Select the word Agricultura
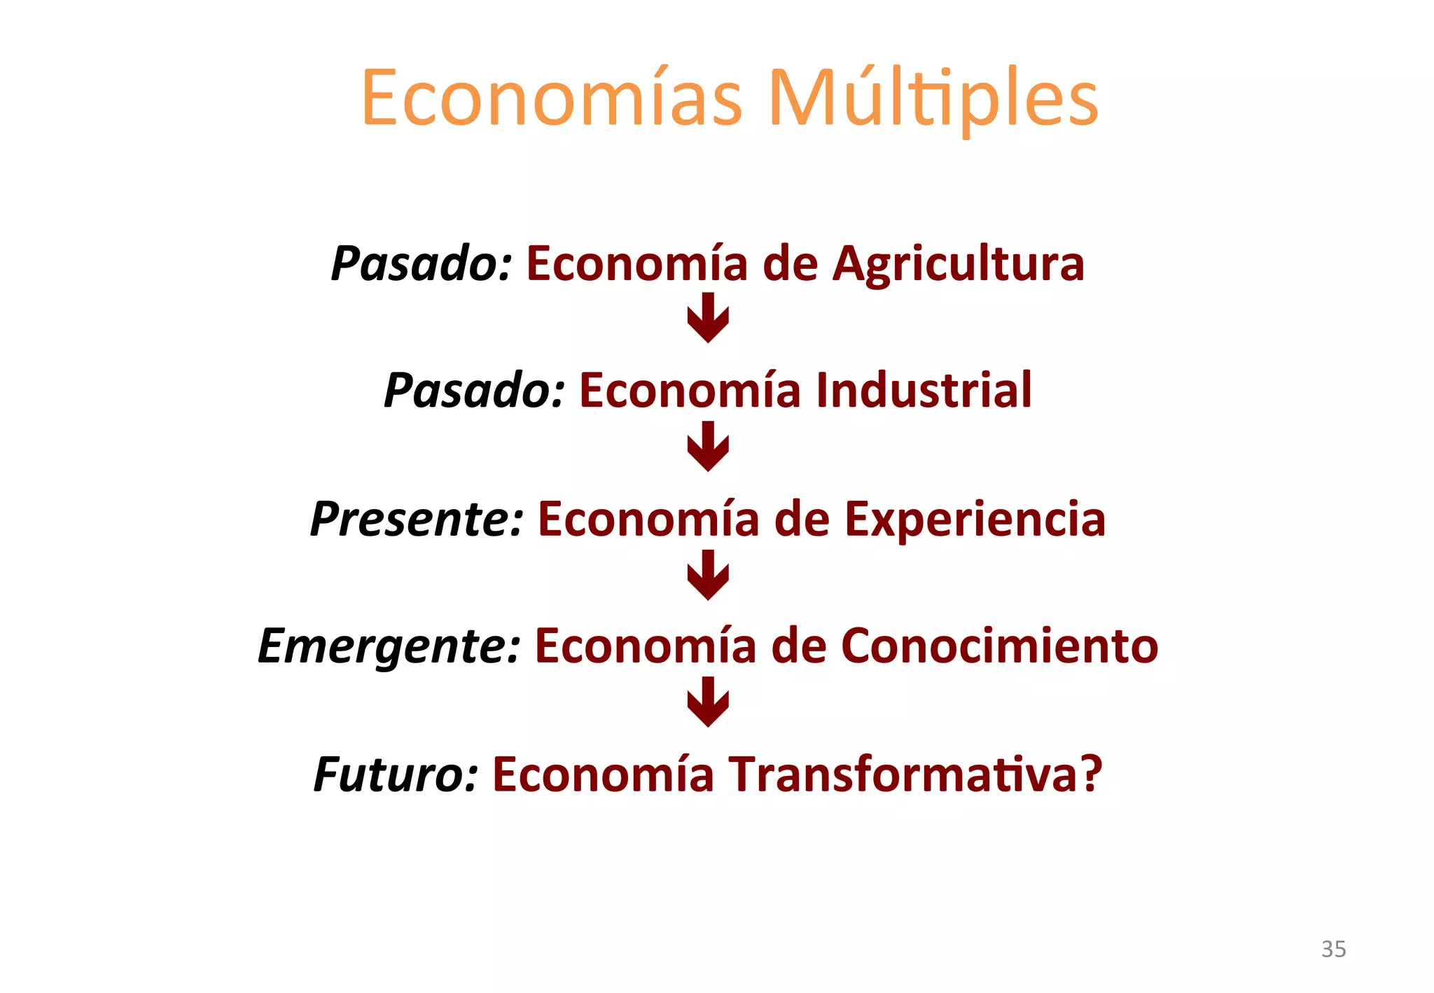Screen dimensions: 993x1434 pos(959,265)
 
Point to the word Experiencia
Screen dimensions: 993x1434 pos(975,520)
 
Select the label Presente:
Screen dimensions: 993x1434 pos(417,520)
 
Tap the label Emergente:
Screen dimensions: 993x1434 pos(389,646)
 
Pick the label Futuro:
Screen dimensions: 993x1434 pos(396,775)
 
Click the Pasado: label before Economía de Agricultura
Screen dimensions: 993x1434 pos(422,265)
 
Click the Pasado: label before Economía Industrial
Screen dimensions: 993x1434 pos(475,390)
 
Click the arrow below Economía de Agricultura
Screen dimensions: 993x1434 pos(708,317)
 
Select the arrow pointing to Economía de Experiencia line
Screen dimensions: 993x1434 pos(708,446)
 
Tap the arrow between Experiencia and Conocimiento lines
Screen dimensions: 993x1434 pos(708,574)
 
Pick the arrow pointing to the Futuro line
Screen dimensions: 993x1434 pos(708,702)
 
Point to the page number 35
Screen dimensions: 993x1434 pos(1333,949)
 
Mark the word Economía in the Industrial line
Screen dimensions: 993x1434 pos(690,390)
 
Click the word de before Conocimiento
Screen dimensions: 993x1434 pos(799,646)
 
